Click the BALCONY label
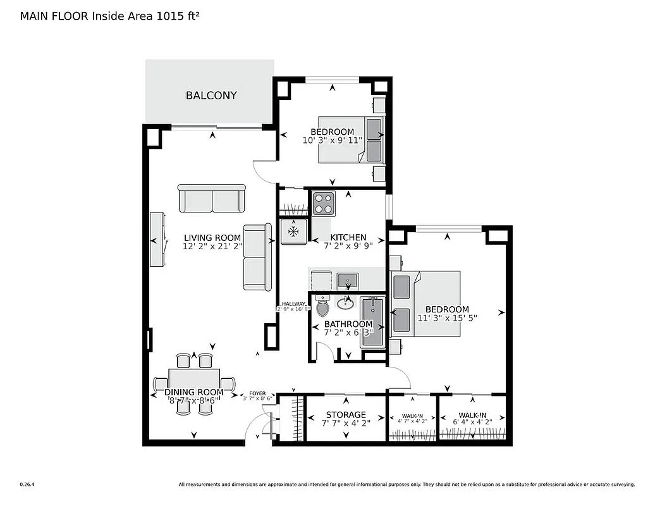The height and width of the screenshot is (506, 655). [211, 96]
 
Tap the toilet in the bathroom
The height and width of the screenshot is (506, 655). [323, 308]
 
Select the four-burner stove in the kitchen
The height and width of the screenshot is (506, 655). [324, 204]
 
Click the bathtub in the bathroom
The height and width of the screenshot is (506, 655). [372, 323]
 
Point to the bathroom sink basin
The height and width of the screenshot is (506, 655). [345, 304]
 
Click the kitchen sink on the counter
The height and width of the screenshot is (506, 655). [347, 279]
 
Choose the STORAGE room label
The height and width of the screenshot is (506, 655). [345, 416]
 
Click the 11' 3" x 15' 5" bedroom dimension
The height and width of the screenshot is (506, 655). [446, 318]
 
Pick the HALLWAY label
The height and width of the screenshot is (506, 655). [293, 304]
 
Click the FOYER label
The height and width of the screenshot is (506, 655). [257, 393]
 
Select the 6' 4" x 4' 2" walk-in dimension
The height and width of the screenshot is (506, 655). [472, 421]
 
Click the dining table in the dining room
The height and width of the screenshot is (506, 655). [194, 382]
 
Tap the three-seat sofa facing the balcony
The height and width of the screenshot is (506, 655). [211, 199]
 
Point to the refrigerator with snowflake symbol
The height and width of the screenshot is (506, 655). [294, 231]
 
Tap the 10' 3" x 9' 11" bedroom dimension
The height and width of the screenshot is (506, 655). [332, 140]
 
